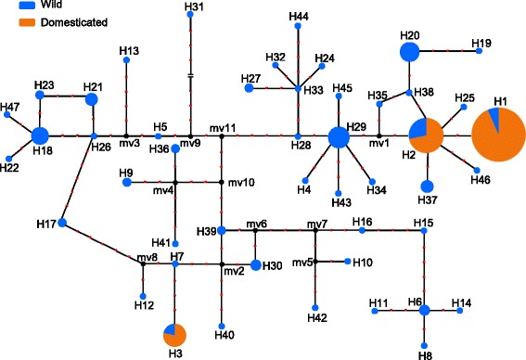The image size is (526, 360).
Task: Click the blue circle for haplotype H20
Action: pyautogui.click(x=410, y=53)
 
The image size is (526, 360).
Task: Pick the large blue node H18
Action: pyautogui.click(x=40, y=136)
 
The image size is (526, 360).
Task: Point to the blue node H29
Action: pyautogui.click(x=340, y=137)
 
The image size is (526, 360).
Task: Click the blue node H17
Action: pyautogui.click(x=61, y=223)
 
